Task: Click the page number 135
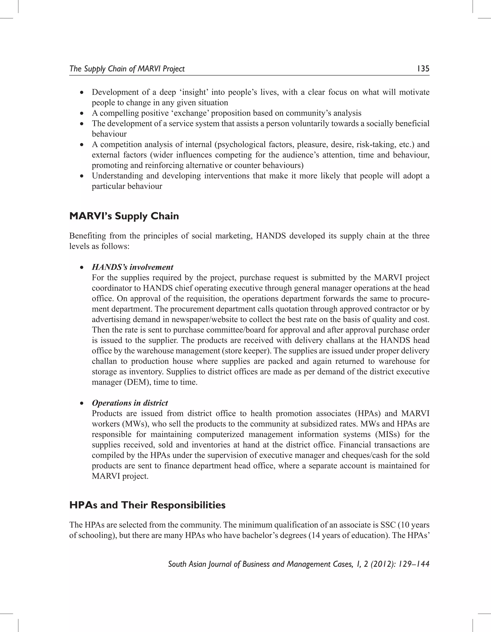423,69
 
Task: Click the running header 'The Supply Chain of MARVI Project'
127,69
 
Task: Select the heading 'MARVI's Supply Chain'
124,216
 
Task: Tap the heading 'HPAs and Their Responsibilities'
147,505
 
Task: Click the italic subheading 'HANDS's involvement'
133,267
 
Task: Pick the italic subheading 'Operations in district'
130,403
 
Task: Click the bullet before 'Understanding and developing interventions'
82,176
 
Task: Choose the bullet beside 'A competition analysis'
82,144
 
